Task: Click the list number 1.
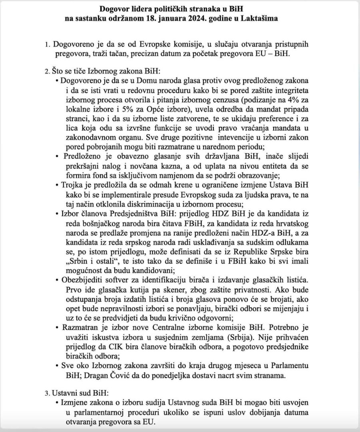tap(47, 44)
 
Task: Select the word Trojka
tap(72, 185)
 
